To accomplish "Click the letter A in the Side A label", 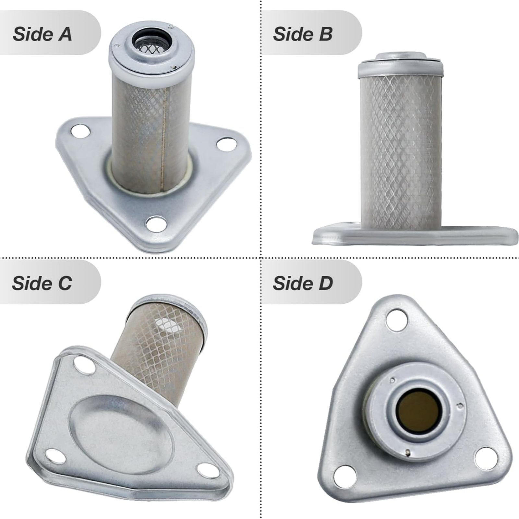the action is [65, 34].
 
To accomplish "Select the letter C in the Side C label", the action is [65, 283].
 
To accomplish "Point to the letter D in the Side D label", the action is [326, 283].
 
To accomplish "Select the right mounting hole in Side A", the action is [226, 144].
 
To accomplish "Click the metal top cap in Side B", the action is [401, 66].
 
